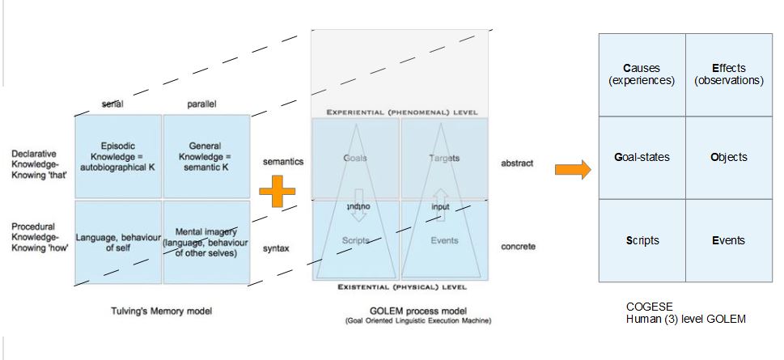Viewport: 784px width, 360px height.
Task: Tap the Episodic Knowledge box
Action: pos(118,156)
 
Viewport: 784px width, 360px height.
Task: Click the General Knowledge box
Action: pos(206,156)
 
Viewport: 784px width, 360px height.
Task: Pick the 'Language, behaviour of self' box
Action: pos(118,242)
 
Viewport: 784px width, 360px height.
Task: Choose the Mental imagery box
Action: pos(206,242)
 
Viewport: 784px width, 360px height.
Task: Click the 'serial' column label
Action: pos(112,104)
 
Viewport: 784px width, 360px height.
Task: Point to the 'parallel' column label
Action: pos(201,104)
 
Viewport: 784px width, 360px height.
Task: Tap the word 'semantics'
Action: pos(283,162)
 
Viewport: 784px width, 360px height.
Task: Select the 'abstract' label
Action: pos(517,163)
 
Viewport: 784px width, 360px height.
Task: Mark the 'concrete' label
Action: pos(518,247)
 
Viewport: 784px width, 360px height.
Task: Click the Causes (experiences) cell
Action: pos(642,74)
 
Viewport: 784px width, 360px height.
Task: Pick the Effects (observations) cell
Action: pos(729,74)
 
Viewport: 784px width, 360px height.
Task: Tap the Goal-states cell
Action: pos(642,157)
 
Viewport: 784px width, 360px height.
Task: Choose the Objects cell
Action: pos(729,157)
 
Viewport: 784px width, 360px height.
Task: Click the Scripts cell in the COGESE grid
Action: pos(642,240)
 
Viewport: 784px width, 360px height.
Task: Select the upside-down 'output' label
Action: pos(356,206)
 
